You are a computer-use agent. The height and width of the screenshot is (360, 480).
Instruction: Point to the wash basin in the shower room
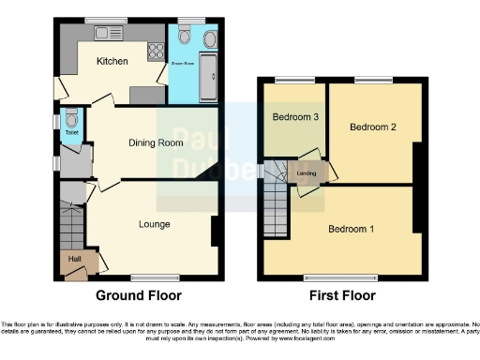pos(208,37)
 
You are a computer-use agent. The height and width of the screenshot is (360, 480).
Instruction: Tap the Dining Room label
pos(156,143)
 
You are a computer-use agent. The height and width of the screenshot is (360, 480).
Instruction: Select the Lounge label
pos(154,224)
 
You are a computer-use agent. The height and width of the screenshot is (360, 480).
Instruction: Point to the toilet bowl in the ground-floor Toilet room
pos(71,122)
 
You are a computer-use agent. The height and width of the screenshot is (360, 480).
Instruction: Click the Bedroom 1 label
pos(352,228)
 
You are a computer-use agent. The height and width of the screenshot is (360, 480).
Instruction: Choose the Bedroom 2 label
pos(372,127)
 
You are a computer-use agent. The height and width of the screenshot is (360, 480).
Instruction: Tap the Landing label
pos(307,172)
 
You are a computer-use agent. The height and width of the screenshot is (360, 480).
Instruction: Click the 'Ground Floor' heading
pos(139,295)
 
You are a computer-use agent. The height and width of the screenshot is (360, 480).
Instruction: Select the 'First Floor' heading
pos(340,295)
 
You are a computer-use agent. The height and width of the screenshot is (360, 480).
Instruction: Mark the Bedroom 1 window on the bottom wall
pos(341,277)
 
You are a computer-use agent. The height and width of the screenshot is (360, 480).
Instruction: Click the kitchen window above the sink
pos(97,20)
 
